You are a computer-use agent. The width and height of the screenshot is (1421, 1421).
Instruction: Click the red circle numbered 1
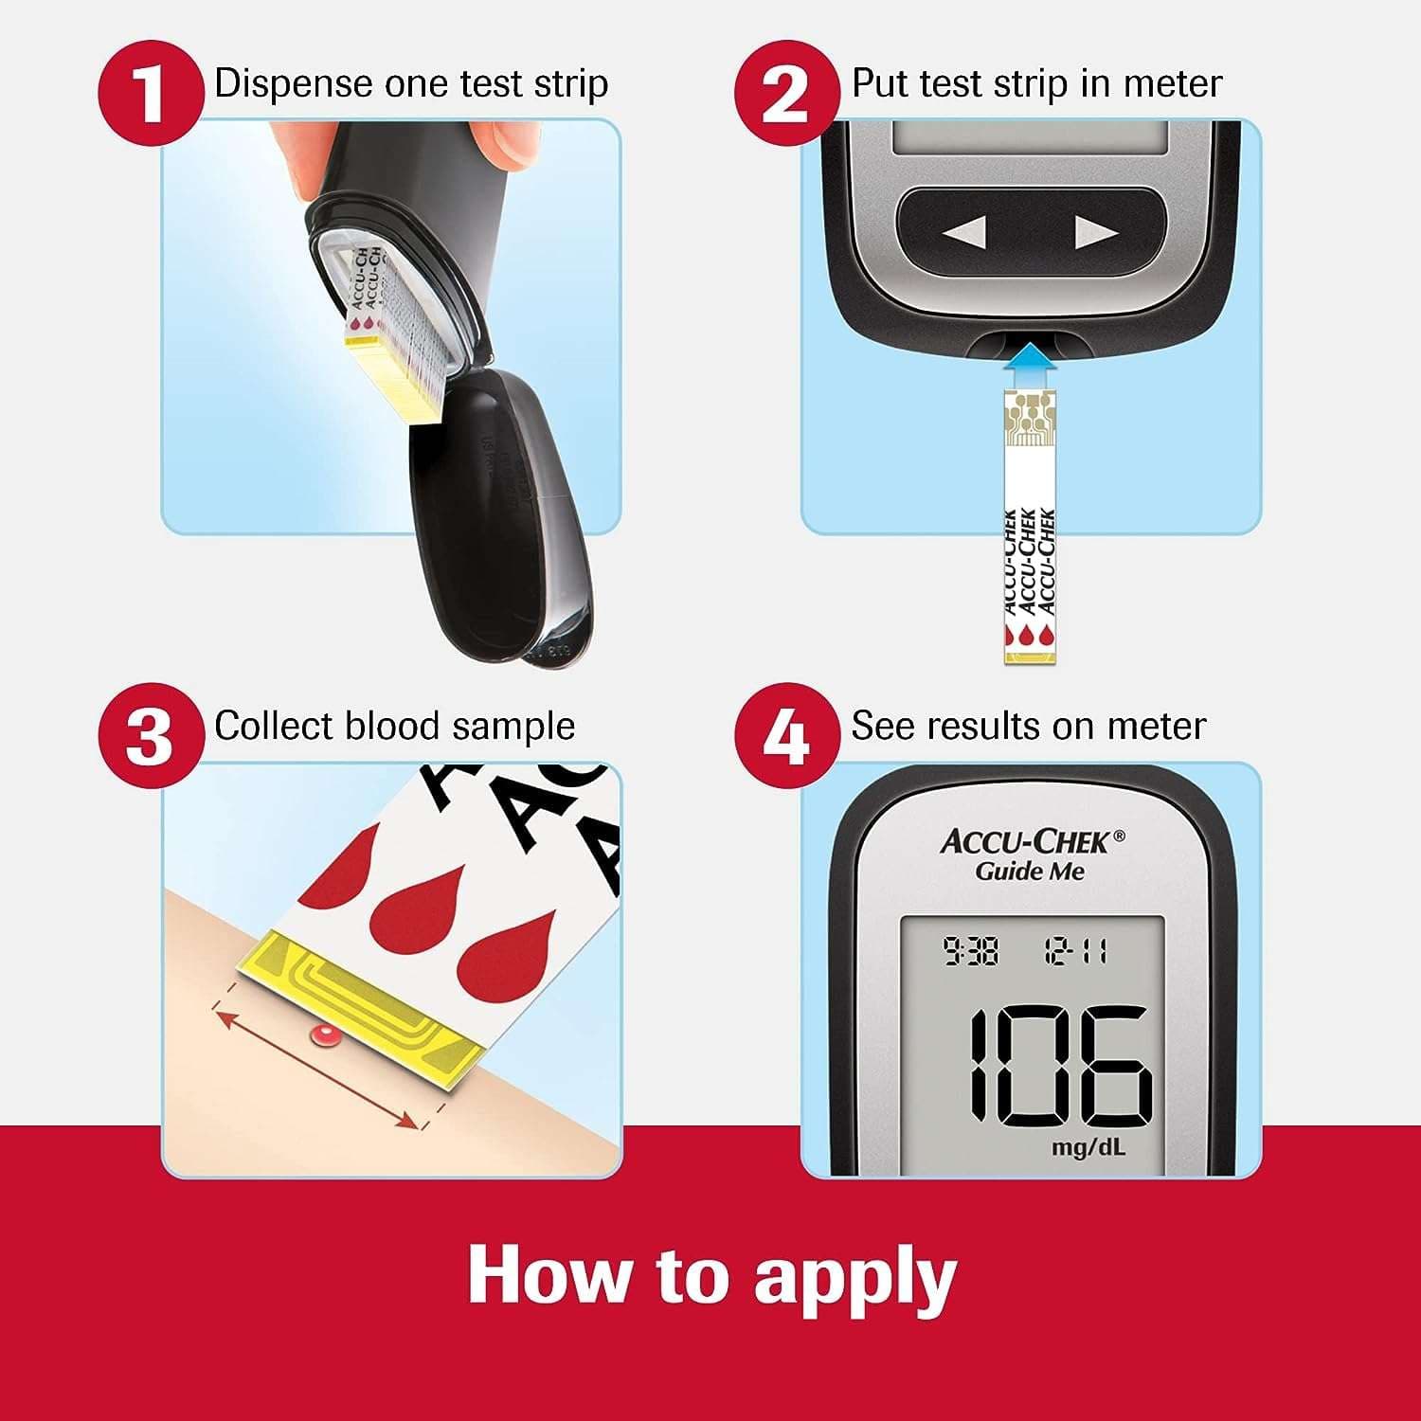(x=151, y=94)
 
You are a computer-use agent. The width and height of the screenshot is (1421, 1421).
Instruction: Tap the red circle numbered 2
(x=787, y=94)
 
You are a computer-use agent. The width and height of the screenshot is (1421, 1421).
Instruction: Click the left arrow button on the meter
(x=964, y=232)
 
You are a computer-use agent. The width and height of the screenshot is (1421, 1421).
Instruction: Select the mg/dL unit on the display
(x=1088, y=1148)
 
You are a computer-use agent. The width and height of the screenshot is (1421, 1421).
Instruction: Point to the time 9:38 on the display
(x=970, y=950)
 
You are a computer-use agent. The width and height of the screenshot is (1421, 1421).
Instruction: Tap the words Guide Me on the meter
(x=1030, y=872)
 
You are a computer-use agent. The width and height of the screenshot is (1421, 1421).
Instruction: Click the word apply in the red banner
(x=854, y=1277)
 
